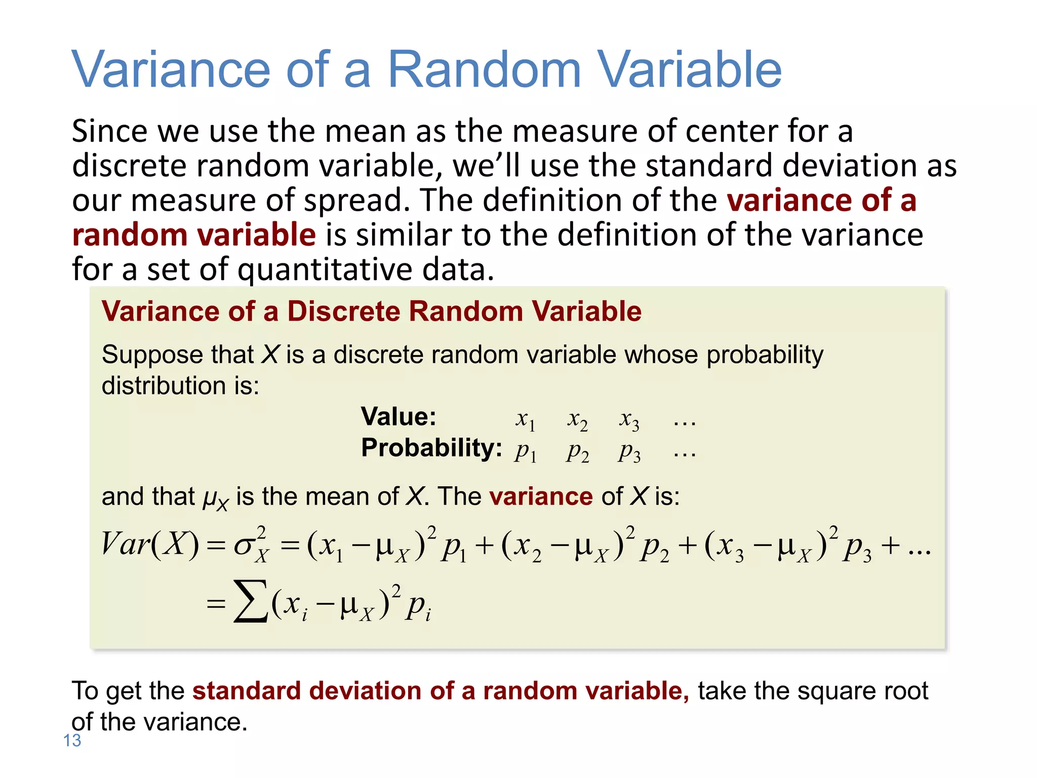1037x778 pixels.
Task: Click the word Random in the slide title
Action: [x=484, y=69]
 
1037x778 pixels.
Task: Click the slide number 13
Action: [x=72, y=741]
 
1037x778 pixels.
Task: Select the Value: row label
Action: [x=398, y=417]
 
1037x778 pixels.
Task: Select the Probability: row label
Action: [x=431, y=448]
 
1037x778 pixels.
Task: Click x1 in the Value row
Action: [x=525, y=420]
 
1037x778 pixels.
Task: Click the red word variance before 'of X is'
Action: [x=541, y=496]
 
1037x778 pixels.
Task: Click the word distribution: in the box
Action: [x=180, y=386]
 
